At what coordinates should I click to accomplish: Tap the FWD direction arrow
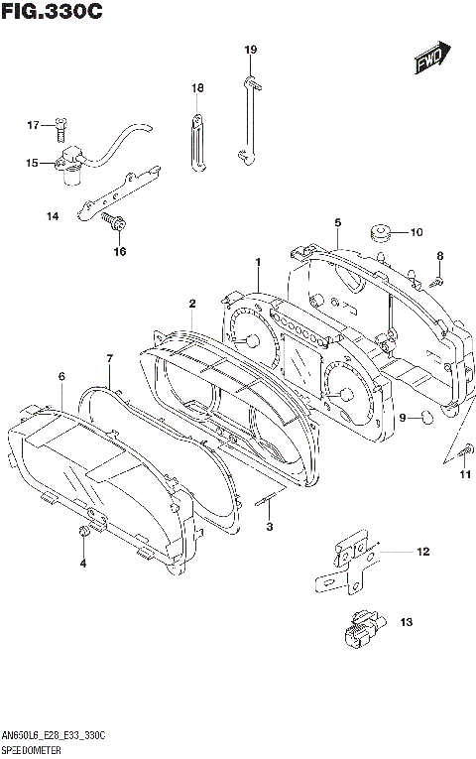point(432,61)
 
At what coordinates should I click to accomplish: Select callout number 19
point(251,49)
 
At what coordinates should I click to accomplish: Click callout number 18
point(197,88)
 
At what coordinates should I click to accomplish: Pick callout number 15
point(32,163)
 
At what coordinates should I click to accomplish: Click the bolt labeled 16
point(117,226)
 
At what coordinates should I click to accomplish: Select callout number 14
point(52,215)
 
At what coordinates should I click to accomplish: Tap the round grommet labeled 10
point(379,234)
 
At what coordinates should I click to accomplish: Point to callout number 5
point(337,223)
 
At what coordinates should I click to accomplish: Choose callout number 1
point(257,262)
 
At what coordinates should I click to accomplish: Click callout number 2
point(192,303)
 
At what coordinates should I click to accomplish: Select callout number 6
point(61,376)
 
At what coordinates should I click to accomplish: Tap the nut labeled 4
point(84,536)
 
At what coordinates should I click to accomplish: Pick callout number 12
point(422,551)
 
